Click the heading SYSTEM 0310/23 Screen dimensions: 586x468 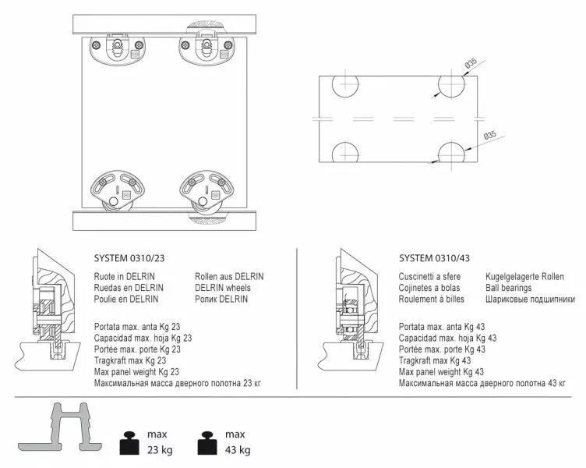(x=129, y=258)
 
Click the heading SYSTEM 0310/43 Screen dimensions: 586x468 (x=434, y=258)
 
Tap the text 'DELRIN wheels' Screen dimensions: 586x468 (x=222, y=288)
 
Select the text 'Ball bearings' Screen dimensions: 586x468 (x=508, y=288)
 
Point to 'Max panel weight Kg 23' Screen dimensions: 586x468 (x=136, y=372)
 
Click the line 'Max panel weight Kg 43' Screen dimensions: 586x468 (x=441, y=372)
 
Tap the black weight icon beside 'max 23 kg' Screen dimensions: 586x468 (x=129, y=443)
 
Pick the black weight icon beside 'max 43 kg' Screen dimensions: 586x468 (x=207, y=443)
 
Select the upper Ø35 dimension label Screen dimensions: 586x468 (x=471, y=63)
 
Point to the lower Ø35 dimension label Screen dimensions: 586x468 (x=489, y=135)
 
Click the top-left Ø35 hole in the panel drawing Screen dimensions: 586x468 (x=345, y=86)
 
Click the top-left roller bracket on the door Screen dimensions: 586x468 (x=118, y=49)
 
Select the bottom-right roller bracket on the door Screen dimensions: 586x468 (x=207, y=193)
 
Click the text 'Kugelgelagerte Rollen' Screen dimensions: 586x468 (x=524, y=276)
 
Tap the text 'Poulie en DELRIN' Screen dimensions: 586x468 (x=126, y=299)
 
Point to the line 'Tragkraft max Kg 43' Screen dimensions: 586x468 (x=435, y=360)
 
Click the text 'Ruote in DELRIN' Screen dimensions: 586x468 (x=124, y=276)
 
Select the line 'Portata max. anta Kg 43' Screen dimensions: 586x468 (x=442, y=327)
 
